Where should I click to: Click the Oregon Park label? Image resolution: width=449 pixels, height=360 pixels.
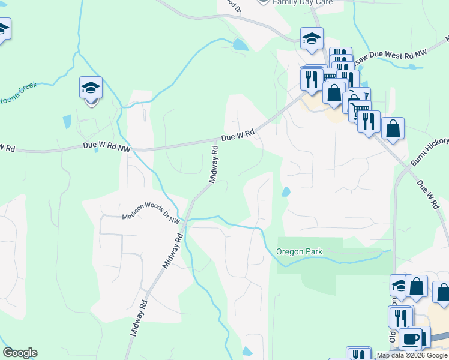point(300,251)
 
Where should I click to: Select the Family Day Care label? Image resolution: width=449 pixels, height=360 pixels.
point(303,2)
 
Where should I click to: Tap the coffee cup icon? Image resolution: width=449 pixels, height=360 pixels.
point(411,338)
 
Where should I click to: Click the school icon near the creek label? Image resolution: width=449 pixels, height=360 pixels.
point(91,88)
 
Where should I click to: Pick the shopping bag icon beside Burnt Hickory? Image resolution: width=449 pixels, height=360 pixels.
point(393,128)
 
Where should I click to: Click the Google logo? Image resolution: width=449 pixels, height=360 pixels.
point(20,353)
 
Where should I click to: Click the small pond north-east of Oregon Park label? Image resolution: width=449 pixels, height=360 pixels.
point(285,192)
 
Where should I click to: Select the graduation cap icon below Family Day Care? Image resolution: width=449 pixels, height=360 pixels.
point(312,39)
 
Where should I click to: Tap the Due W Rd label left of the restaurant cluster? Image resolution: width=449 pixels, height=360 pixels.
point(238,135)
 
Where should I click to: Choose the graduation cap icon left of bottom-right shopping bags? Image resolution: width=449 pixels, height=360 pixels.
point(399,285)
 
